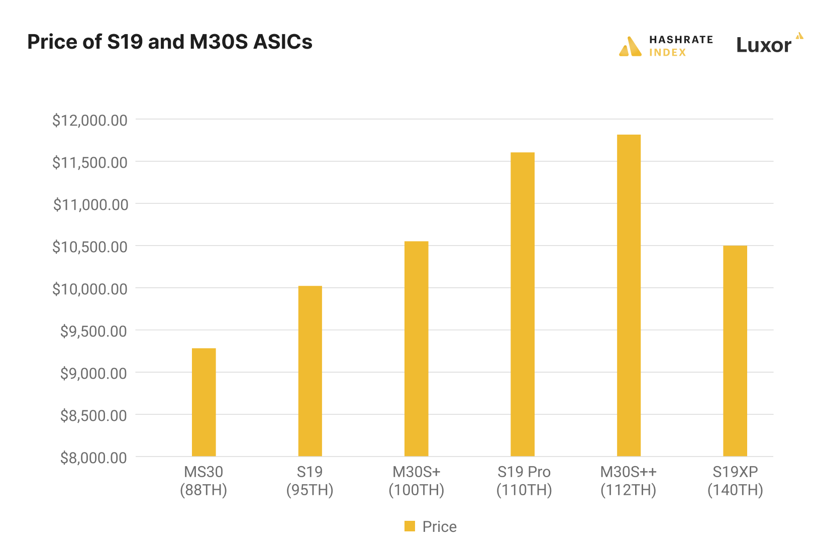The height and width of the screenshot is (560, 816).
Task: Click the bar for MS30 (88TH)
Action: (x=203, y=402)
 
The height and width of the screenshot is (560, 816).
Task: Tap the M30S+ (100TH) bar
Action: (x=416, y=349)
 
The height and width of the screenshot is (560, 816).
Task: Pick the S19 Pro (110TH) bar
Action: (x=523, y=304)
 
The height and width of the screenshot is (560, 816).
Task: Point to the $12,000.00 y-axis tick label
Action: (x=90, y=121)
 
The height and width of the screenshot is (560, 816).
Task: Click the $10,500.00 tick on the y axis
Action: (x=90, y=247)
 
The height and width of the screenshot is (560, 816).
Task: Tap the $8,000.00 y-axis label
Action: (x=93, y=458)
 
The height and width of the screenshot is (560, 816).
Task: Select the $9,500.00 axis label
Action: (x=93, y=331)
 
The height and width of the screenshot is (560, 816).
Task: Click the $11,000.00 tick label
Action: (x=90, y=205)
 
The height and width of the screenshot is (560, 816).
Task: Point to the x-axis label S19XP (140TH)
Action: (x=735, y=481)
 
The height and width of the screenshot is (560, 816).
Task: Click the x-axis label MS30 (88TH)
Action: (x=203, y=481)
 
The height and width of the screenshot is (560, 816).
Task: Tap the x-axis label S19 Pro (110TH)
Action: (x=524, y=481)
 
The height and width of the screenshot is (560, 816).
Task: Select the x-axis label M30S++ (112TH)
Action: (x=629, y=481)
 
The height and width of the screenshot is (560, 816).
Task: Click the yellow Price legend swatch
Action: (x=410, y=526)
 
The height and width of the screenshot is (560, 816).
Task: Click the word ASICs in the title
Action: (x=283, y=42)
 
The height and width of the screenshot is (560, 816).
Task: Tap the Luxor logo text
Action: (x=763, y=45)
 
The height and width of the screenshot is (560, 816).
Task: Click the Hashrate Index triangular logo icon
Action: (x=630, y=47)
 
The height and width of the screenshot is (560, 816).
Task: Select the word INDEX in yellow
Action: (x=667, y=53)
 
